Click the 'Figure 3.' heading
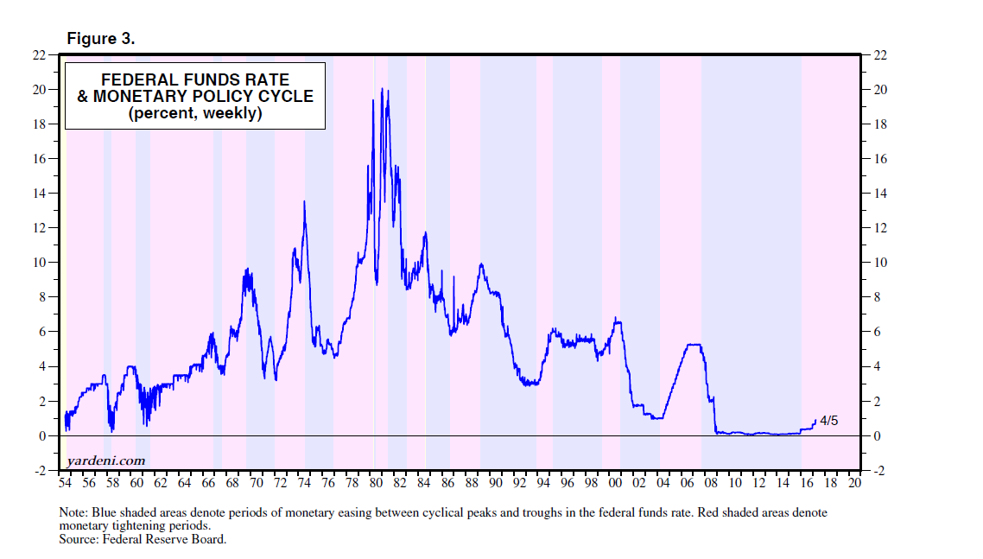pos(101,39)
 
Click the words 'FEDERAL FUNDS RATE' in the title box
pos(195,80)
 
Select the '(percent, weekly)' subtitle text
pos(195,113)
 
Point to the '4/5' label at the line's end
pos(828,421)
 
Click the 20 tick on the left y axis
pos(39,90)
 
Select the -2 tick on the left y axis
pos(39,471)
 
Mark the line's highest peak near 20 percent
pos(383,89)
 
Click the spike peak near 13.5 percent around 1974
pos(304,201)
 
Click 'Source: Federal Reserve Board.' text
pos(143,540)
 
